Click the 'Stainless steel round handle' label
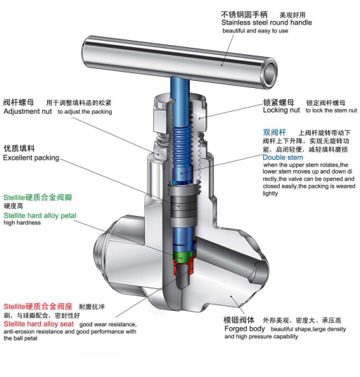(x=266, y=23)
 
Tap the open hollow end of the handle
(x=269, y=74)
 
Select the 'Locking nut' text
(x=281, y=110)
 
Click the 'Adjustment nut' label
(x=27, y=111)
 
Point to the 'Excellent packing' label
(x=31, y=158)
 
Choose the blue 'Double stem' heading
(x=283, y=158)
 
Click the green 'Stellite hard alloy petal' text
(x=40, y=215)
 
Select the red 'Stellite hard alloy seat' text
(x=39, y=324)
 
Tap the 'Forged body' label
(x=245, y=328)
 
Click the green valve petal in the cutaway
(x=184, y=256)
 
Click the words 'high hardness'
(x=22, y=223)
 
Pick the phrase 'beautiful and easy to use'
(x=255, y=31)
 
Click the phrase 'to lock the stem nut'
(x=331, y=110)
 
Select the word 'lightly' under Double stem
(x=270, y=193)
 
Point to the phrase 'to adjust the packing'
(x=85, y=112)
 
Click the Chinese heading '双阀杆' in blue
(x=274, y=132)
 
